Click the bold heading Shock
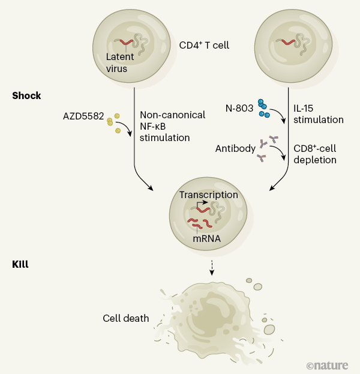coord(26,95)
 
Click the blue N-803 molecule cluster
coord(263,108)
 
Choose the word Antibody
coord(235,146)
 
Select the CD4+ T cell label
coord(204,45)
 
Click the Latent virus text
coord(121,62)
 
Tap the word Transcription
coord(208,195)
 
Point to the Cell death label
coord(125,318)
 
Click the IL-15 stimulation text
coord(319,114)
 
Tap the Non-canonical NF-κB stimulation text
coord(172,126)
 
